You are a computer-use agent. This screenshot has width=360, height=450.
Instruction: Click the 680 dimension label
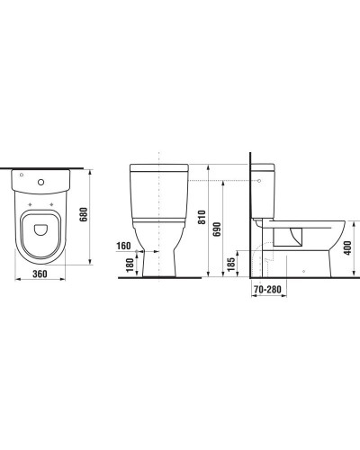click(84, 214)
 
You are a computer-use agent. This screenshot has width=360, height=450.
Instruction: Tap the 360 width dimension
click(40, 274)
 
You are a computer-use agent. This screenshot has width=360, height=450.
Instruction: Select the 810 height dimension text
click(202, 217)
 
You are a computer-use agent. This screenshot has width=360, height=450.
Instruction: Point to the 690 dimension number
click(217, 229)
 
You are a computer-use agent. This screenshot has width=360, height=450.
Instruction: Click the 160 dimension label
click(123, 246)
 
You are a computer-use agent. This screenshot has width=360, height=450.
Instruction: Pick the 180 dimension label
click(130, 265)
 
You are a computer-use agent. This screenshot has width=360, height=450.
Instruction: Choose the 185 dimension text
click(231, 265)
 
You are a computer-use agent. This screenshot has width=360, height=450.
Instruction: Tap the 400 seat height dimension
click(347, 248)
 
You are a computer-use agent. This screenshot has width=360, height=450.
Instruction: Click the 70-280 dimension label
click(267, 290)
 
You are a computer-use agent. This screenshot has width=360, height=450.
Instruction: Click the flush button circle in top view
click(40, 182)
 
